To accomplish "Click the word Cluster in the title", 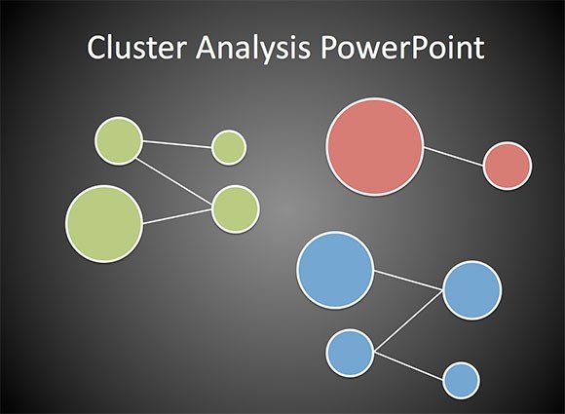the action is (x=137, y=47).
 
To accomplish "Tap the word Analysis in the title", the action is (x=252, y=49).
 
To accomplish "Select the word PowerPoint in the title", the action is (x=402, y=47).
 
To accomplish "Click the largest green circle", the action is (x=104, y=224).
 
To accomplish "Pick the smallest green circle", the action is (x=229, y=148).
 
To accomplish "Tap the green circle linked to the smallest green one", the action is (x=119, y=141).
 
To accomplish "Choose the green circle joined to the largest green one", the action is (x=236, y=209).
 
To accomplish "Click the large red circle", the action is (x=375, y=146).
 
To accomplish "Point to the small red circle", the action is (x=508, y=166).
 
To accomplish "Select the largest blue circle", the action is (x=335, y=270).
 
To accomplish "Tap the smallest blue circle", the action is (x=461, y=381).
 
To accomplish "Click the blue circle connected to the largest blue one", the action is (x=472, y=290).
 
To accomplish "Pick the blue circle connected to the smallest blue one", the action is (x=350, y=353).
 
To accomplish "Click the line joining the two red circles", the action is (x=454, y=157).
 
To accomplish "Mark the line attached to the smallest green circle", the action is (x=177, y=144).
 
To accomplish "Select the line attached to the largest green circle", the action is (x=177, y=216).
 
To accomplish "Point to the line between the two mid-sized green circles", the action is (x=173, y=183).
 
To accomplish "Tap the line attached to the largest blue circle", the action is (x=408, y=280).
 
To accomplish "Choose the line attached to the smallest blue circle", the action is (x=408, y=365).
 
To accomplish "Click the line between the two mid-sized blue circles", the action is (x=408, y=320).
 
